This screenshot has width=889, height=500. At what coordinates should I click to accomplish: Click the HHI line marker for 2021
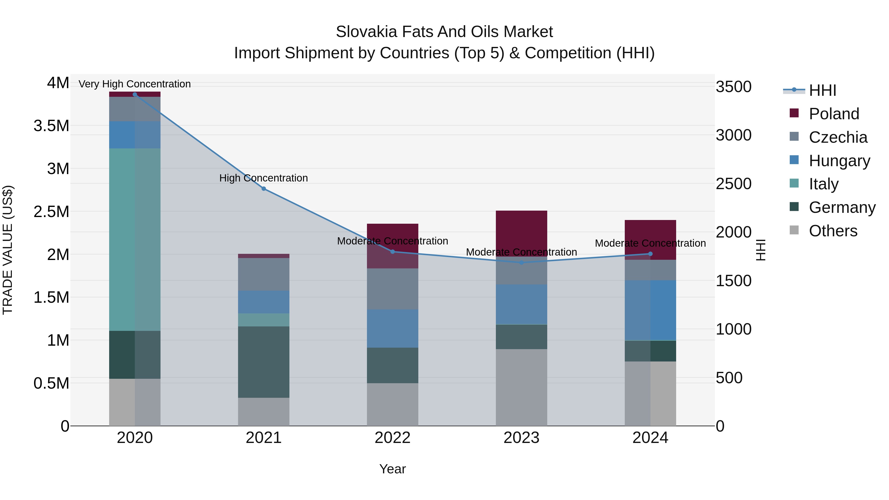click(264, 189)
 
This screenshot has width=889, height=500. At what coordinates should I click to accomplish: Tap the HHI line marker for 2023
click(522, 263)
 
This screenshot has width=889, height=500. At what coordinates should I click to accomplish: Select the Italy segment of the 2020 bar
click(135, 240)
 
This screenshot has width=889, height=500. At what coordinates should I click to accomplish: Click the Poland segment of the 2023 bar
click(522, 233)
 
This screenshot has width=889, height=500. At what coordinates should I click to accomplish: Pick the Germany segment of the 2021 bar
click(264, 362)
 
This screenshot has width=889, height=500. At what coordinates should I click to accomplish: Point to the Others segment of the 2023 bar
click(522, 387)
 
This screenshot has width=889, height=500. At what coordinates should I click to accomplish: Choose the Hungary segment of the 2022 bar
click(392, 328)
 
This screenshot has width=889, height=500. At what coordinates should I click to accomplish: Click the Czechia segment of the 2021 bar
click(264, 274)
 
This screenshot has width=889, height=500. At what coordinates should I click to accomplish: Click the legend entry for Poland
click(833, 114)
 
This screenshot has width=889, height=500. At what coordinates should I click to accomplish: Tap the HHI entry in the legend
click(822, 90)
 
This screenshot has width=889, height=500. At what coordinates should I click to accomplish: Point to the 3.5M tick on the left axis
click(51, 126)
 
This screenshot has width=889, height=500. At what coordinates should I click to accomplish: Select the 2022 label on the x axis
click(392, 438)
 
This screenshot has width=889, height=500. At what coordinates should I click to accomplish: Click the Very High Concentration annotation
click(135, 84)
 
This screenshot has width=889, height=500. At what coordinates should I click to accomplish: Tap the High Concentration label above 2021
click(264, 178)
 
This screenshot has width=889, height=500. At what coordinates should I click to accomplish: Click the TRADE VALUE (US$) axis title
click(8, 250)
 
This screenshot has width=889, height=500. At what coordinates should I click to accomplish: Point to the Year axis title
click(392, 469)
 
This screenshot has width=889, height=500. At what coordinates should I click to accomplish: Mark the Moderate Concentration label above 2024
click(650, 243)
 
